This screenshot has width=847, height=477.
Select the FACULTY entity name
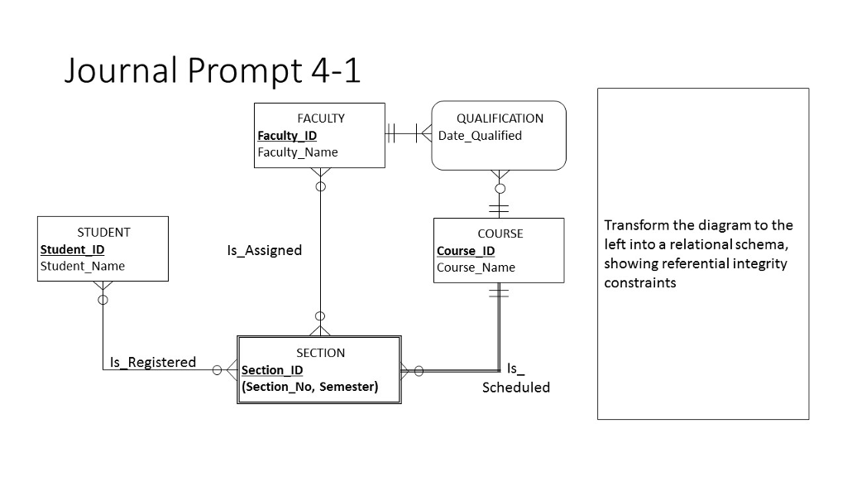pos(320,118)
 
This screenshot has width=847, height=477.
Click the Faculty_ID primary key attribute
pos(287,136)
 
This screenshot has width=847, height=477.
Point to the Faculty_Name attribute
pos(298,152)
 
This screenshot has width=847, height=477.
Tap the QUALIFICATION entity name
pos(500,118)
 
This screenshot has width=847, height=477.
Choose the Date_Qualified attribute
pos(480,136)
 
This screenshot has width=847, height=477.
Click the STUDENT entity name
pos(103,233)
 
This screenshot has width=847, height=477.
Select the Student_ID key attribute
pos(72,249)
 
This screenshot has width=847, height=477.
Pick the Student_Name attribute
pos(83,266)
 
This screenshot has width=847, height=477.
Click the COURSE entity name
pos(500,234)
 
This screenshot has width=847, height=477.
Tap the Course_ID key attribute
pos(466,251)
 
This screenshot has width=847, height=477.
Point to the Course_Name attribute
pos(476,267)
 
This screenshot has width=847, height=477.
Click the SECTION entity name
pos(320,353)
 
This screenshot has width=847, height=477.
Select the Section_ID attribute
pos(272,370)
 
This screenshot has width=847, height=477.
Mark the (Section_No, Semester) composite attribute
pos(309,387)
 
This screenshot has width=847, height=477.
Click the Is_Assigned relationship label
pos(265,250)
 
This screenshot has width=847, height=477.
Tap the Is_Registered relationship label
pos(153,362)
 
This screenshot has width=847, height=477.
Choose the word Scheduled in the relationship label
pos(515,388)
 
